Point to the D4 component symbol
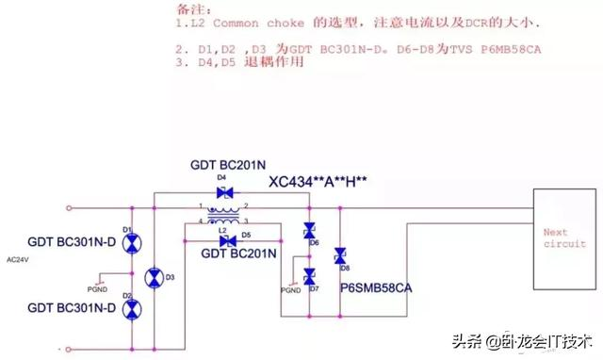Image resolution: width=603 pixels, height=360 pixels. tap(224, 191)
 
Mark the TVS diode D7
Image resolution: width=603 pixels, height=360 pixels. tap(308, 274)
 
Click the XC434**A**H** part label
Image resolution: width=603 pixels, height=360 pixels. tap(318, 182)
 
